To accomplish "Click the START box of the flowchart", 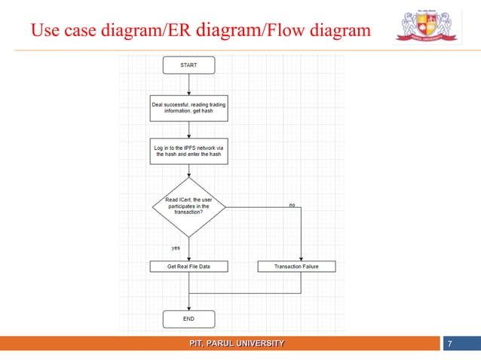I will click(x=189, y=66).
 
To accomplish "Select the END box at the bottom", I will click(x=189, y=319).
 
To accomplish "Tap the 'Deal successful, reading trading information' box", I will click(x=189, y=107).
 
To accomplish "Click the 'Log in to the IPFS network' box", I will click(x=189, y=151).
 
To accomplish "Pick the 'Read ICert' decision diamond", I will click(x=189, y=206).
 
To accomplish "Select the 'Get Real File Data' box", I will click(x=189, y=267).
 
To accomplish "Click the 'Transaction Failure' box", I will click(x=296, y=267).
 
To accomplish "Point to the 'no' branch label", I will click(x=293, y=205).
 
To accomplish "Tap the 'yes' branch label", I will click(x=175, y=246).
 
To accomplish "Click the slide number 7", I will click(x=449, y=345).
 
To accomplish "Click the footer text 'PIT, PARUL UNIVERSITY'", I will click(x=237, y=344).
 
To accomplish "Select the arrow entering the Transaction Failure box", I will click(x=301, y=241).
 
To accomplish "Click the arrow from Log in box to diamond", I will click(x=189, y=170).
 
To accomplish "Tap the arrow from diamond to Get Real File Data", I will click(x=189, y=247).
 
